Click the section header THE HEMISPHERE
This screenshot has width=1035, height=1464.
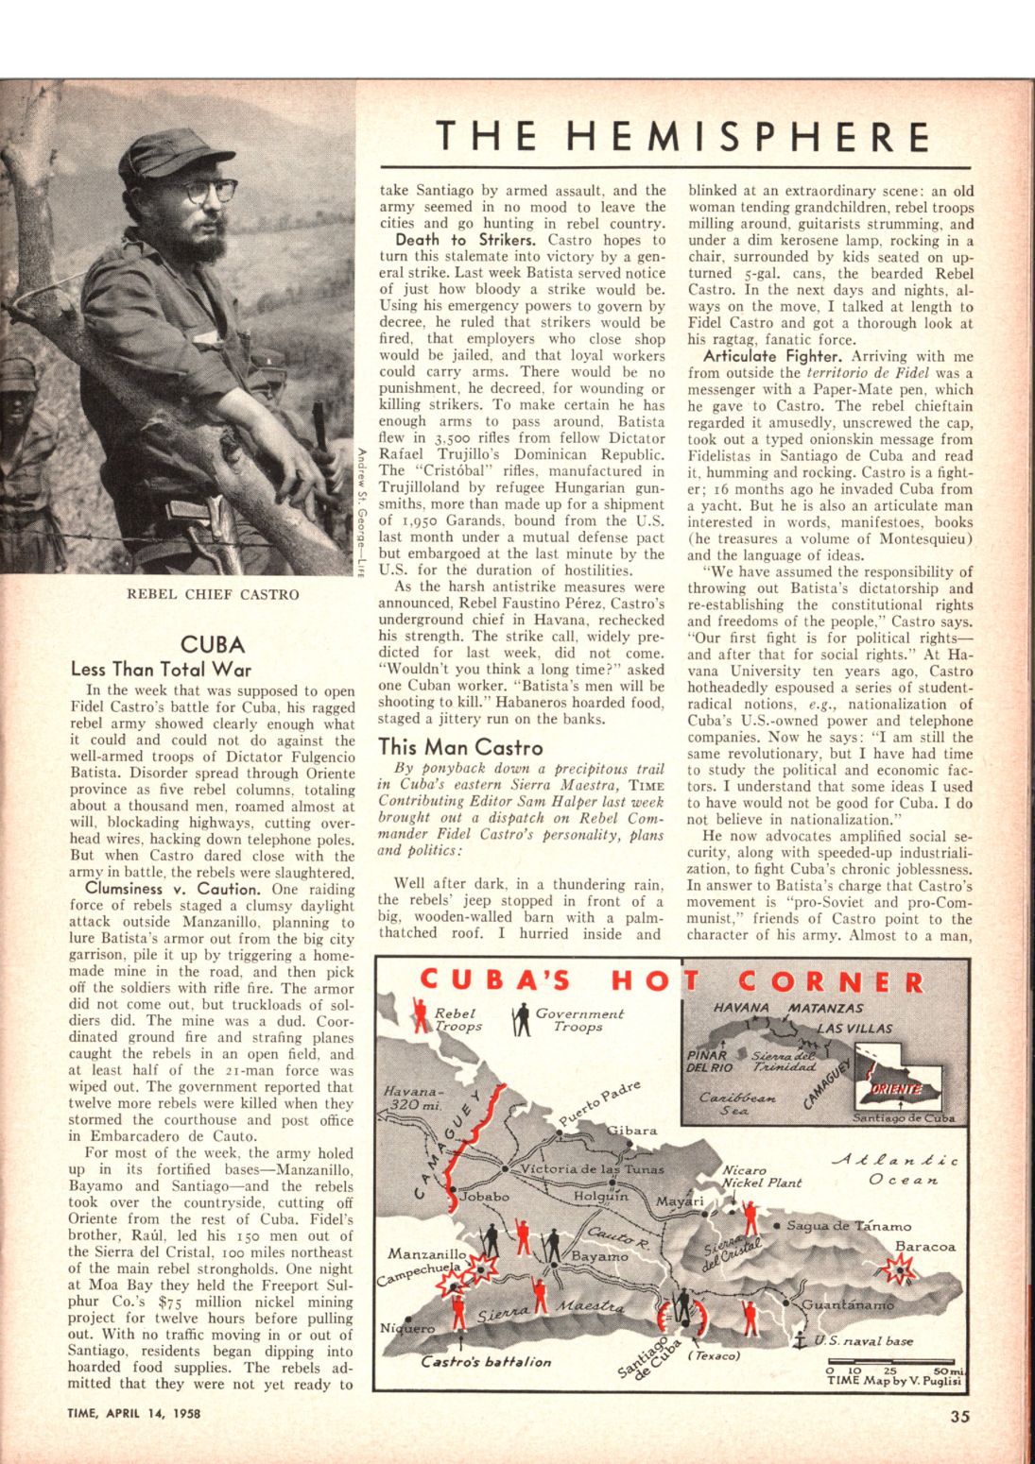pos(676,138)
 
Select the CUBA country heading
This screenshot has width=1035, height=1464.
pos(213,645)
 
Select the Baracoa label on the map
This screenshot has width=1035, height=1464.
pos(925,1247)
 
